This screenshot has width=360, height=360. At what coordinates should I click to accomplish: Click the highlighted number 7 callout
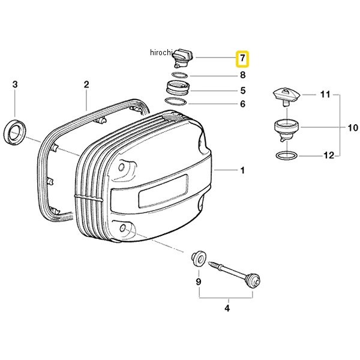point(242,59)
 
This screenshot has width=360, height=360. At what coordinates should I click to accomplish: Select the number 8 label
point(242,75)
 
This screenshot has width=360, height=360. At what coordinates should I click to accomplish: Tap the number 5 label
point(243,91)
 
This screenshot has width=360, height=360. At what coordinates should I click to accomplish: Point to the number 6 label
point(242,104)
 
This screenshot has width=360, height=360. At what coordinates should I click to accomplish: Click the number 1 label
point(242,170)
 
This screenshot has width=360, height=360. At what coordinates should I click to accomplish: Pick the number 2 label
point(86,85)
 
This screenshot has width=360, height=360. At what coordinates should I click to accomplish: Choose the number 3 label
point(15,85)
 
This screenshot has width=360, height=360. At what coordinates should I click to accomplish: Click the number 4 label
point(227,308)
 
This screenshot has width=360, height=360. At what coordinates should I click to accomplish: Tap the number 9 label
point(199,281)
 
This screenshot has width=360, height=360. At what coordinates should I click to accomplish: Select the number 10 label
point(353,128)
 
